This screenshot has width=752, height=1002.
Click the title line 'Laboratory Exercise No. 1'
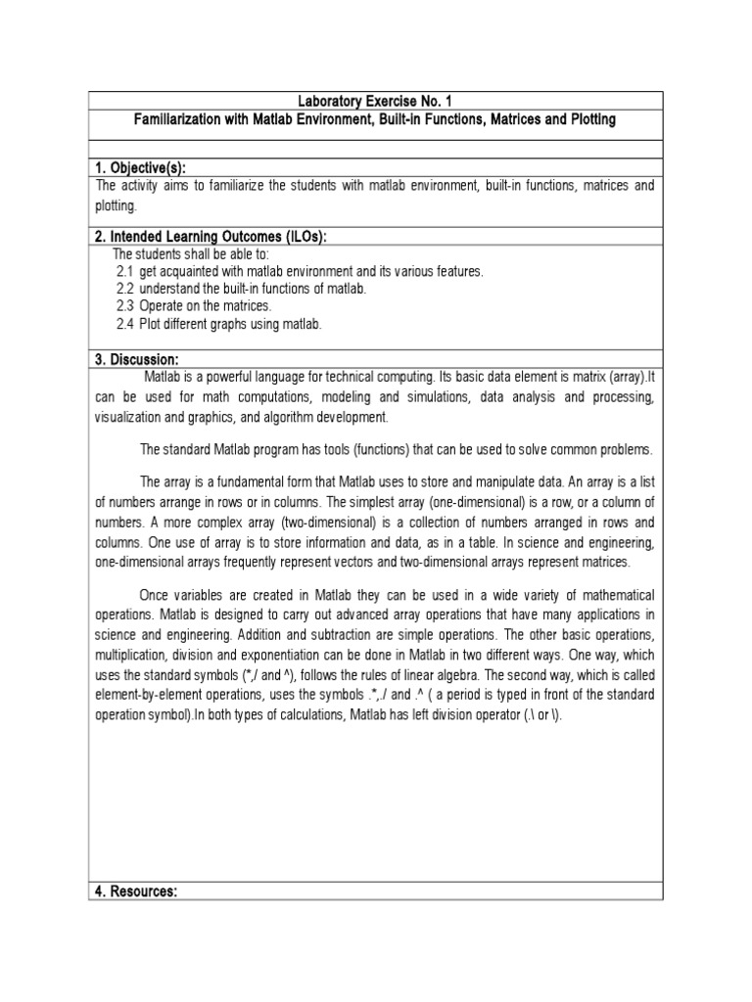click(x=376, y=101)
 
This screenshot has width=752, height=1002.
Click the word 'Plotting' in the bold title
click(x=587, y=119)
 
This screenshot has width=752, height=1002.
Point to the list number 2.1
click(x=124, y=271)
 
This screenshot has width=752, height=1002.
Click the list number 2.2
click(x=124, y=289)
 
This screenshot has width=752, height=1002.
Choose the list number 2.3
click(x=124, y=306)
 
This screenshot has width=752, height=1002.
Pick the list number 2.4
click(x=124, y=324)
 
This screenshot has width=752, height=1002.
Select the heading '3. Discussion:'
click(x=136, y=359)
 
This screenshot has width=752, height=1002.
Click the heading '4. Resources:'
click(x=135, y=892)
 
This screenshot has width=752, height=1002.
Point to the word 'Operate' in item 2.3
click(x=162, y=306)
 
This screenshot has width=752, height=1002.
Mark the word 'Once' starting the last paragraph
click(x=156, y=596)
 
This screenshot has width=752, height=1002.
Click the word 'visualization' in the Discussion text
click(x=128, y=418)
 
